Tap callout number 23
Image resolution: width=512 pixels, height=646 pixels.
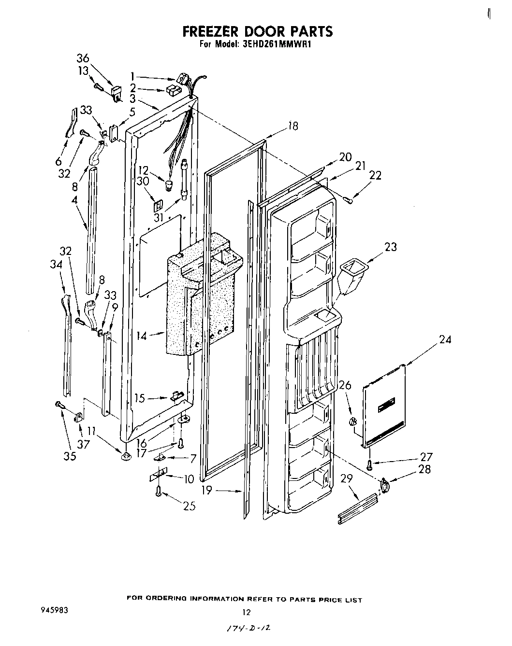(390, 247)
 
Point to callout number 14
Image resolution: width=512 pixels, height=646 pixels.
(142, 336)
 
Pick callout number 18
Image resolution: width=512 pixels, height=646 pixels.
(293, 126)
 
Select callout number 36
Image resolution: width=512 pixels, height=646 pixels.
(83, 58)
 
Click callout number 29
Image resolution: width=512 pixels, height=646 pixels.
(347, 478)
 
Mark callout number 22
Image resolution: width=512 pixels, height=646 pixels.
(375, 176)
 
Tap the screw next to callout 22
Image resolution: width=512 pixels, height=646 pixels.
(349, 199)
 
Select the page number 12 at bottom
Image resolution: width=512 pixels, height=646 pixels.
(247, 613)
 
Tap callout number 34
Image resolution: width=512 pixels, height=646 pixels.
(56, 264)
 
